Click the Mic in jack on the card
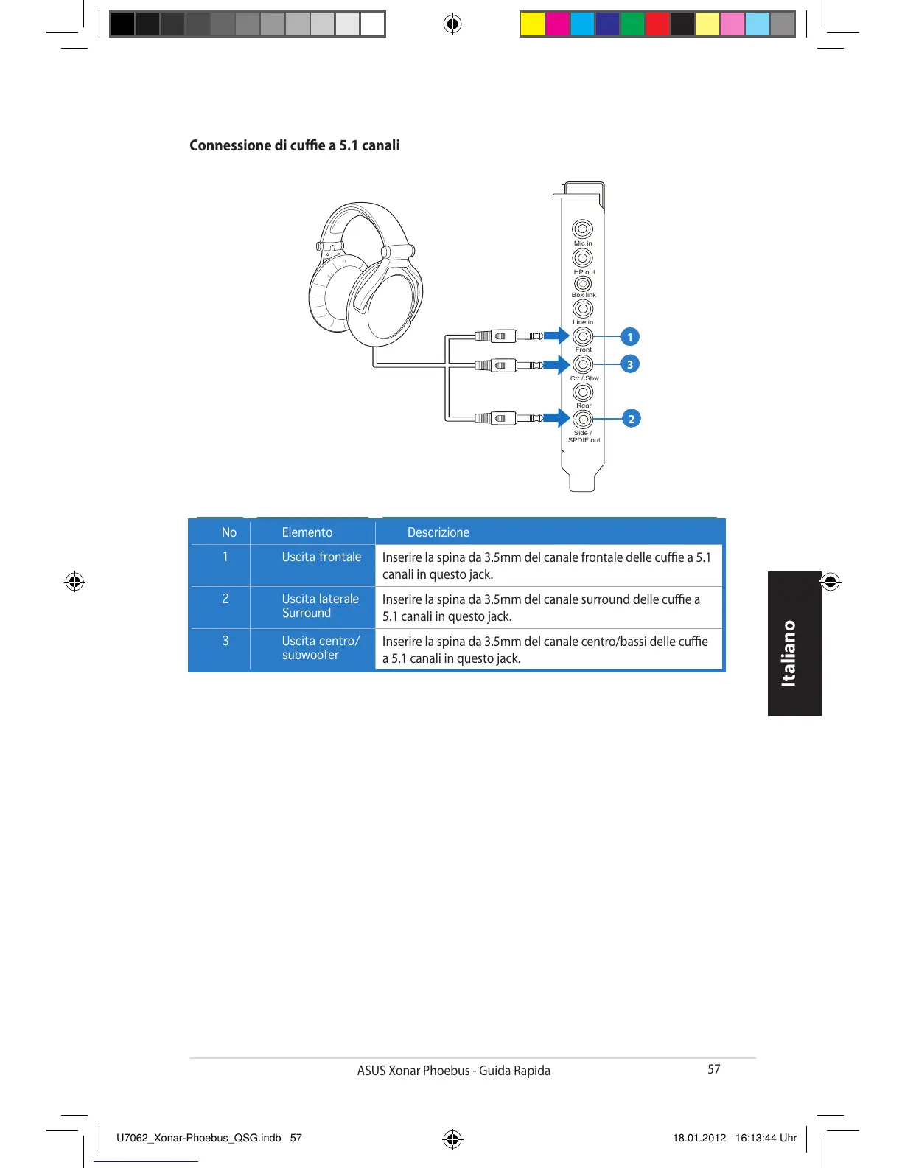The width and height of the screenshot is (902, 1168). (x=582, y=229)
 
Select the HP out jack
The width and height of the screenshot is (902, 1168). (x=582, y=257)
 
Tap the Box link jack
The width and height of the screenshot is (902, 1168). (x=583, y=283)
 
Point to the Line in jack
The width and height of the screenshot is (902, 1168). (x=582, y=308)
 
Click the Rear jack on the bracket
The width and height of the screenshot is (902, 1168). (x=582, y=392)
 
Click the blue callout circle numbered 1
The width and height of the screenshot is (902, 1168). (x=629, y=337)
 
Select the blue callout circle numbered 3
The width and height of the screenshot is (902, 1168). (x=629, y=364)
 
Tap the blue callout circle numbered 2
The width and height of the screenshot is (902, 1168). (x=631, y=419)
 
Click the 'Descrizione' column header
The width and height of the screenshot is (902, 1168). (x=438, y=532)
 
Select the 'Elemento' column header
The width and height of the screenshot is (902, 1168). (x=307, y=532)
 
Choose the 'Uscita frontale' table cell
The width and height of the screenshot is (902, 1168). (x=321, y=557)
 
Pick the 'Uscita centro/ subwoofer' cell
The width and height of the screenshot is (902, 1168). (x=321, y=647)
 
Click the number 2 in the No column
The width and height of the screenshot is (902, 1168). (x=225, y=599)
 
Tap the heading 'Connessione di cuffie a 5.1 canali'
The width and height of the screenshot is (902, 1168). (x=294, y=145)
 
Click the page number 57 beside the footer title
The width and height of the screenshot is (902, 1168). (x=713, y=1069)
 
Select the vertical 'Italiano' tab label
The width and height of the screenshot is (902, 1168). (x=789, y=653)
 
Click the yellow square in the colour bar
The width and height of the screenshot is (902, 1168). (x=532, y=24)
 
